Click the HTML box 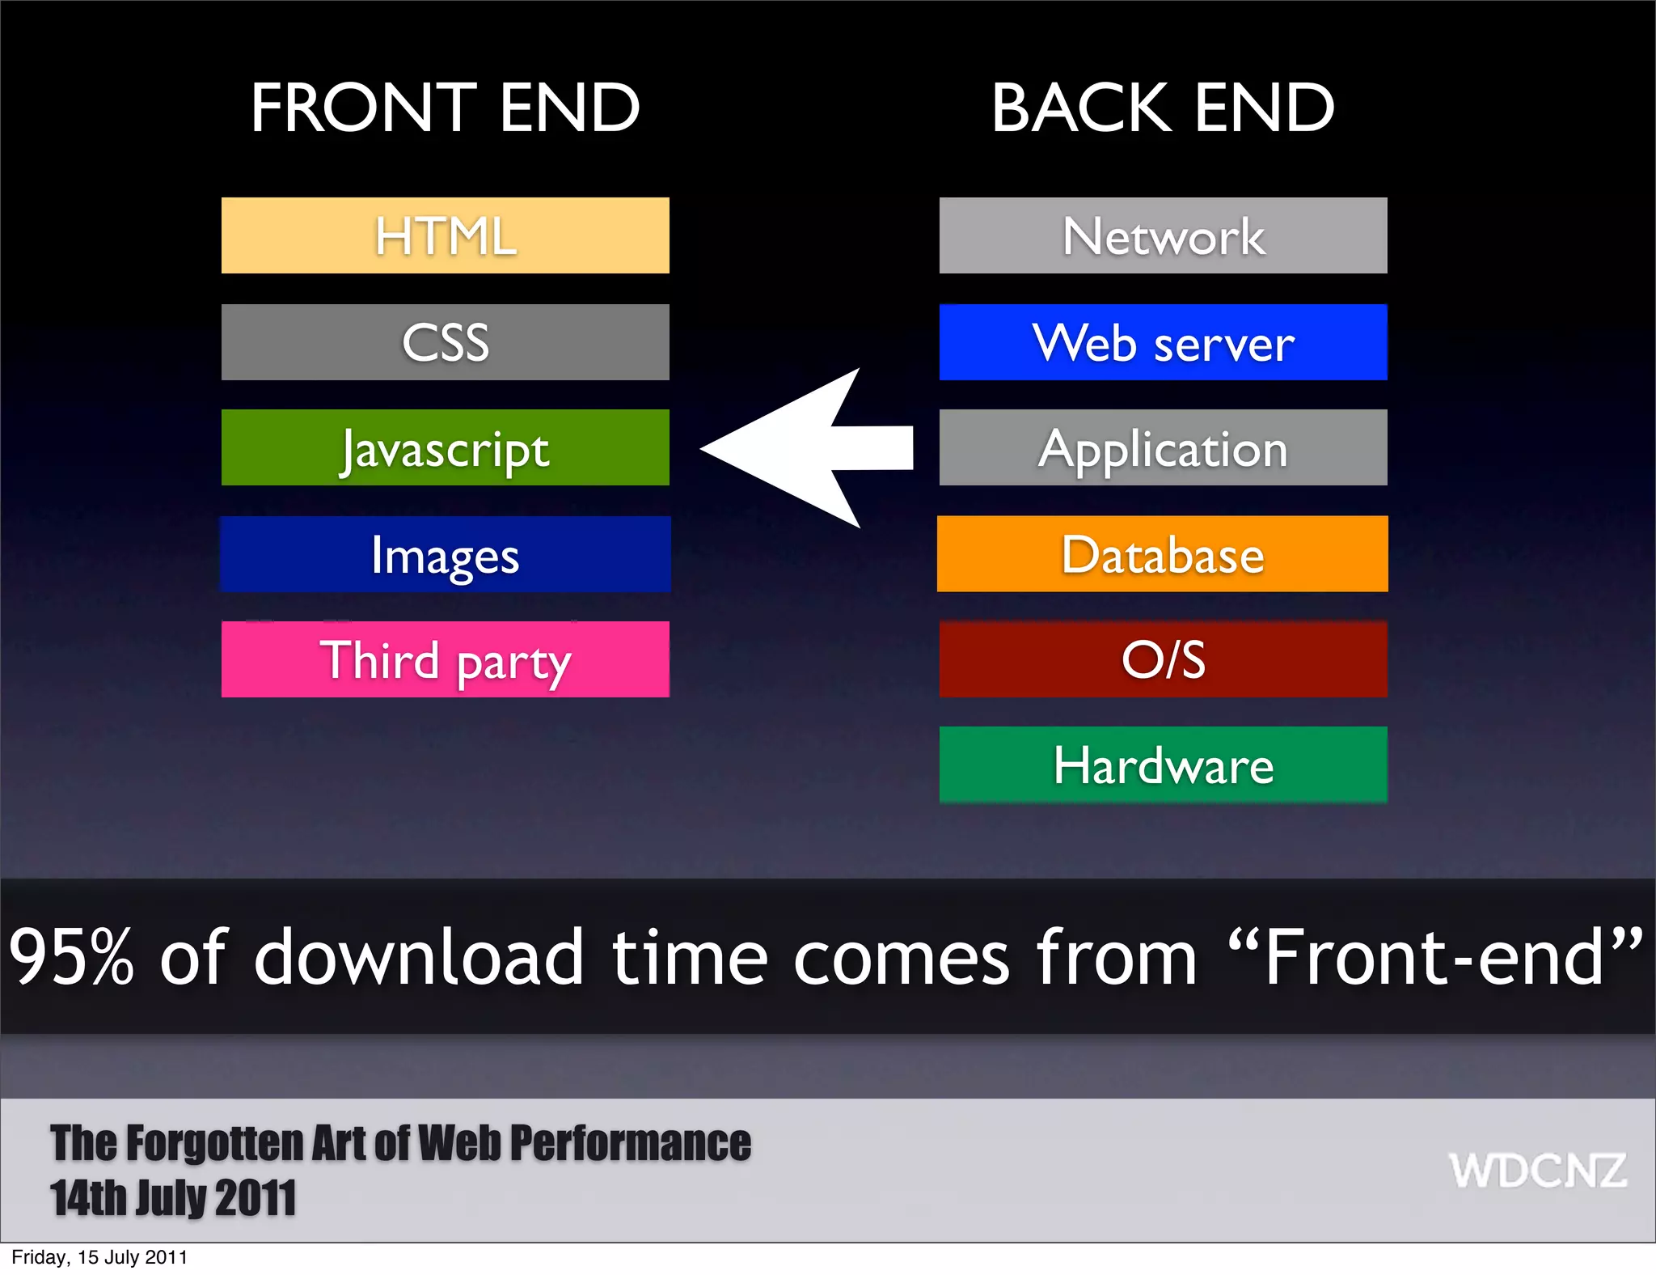445,235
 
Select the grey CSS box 445,342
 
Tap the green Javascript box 445,447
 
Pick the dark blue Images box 445,554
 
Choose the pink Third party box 445,659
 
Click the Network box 1163,235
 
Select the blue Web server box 1163,342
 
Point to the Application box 1163,447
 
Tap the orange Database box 1163,554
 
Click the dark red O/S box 1163,659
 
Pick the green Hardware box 1163,765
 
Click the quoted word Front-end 1434,957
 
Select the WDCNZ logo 1536,1171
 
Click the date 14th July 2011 173,1198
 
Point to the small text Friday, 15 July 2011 99,1257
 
